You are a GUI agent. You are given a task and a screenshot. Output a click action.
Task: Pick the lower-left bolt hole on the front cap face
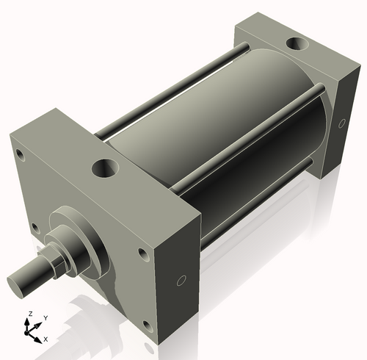(34, 228)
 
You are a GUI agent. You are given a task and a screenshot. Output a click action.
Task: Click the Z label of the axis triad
(29, 314)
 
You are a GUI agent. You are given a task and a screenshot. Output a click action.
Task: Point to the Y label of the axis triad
(45, 317)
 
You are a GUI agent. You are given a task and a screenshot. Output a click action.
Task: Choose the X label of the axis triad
(46, 339)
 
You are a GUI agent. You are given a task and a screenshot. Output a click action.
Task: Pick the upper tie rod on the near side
(250, 132)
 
